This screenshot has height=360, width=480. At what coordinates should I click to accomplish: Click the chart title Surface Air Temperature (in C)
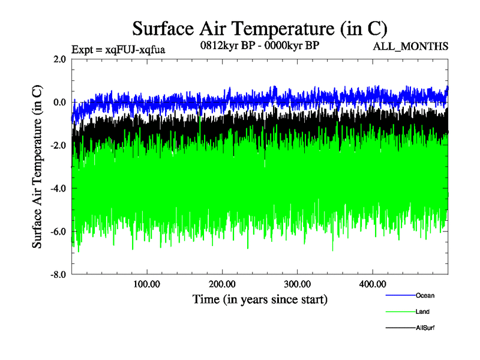coord(260,28)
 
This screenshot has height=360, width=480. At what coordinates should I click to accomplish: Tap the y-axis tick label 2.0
coord(59,59)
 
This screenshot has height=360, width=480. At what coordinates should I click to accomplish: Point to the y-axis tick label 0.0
coord(59,103)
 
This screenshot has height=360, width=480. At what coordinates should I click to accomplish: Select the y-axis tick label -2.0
coord(58,146)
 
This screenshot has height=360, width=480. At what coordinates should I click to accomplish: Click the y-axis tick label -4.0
coord(58,189)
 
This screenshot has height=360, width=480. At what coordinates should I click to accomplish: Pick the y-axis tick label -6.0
coord(58,232)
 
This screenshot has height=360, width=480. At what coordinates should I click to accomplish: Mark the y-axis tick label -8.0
coord(58,275)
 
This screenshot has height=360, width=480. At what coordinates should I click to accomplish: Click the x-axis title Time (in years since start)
coord(260,298)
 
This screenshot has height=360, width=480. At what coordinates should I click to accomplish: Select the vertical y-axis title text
coord(37,167)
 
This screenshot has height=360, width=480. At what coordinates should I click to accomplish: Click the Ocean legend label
coord(425,296)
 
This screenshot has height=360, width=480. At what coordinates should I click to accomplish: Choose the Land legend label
coord(422,312)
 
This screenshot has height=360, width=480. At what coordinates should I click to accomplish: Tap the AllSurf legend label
coord(426,328)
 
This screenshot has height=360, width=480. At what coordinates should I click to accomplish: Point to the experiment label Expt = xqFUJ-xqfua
coord(118,49)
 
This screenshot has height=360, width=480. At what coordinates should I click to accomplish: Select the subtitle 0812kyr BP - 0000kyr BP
coord(259,45)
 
